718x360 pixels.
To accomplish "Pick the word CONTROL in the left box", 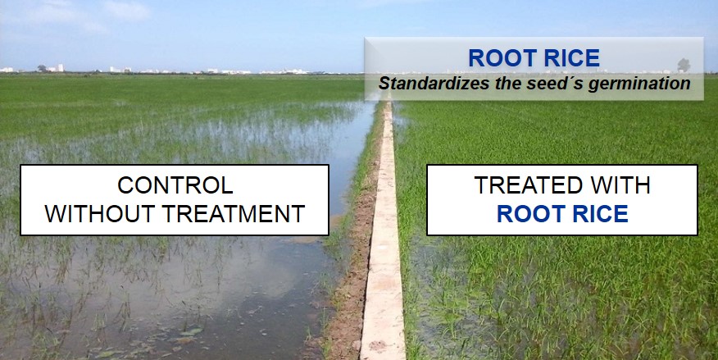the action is point(175,185).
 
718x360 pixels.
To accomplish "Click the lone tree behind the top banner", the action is point(684,65).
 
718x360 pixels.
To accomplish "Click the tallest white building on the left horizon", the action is point(61,68).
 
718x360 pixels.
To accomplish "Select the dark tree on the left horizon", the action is point(42,68).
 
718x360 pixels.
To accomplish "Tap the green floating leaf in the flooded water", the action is point(192,331).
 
